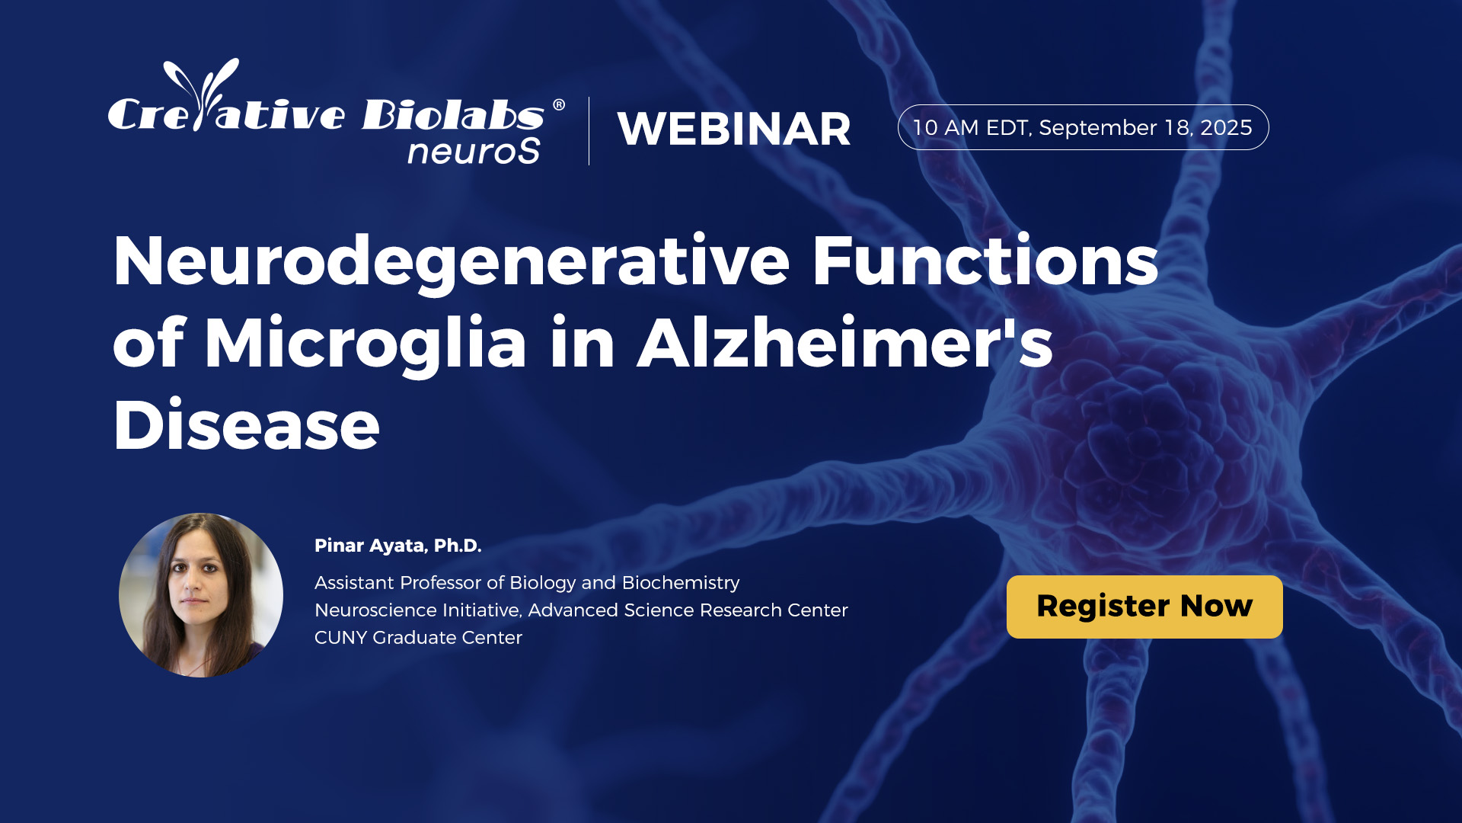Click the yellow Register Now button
click(x=1144, y=607)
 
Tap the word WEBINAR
click(x=734, y=129)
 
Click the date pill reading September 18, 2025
click(x=1083, y=127)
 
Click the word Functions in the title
click(x=985, y=261)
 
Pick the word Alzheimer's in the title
click(x=845, y=342)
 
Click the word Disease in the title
click(x=246, y=424)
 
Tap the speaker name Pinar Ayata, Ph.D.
click(x=397, y=546)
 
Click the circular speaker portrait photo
click(x=201, y=595)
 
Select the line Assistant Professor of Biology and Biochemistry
click(x=527, y=583)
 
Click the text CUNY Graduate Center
click(x=418, y=637)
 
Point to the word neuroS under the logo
click(x=474, y=150)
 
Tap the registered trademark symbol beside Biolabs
click(x=559, y=104)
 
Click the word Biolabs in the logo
click(x=453, y=114)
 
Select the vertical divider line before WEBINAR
click(x=589, y=131)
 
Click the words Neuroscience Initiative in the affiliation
click(x=417, y=610)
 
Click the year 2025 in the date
click(x=1226, y=127)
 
